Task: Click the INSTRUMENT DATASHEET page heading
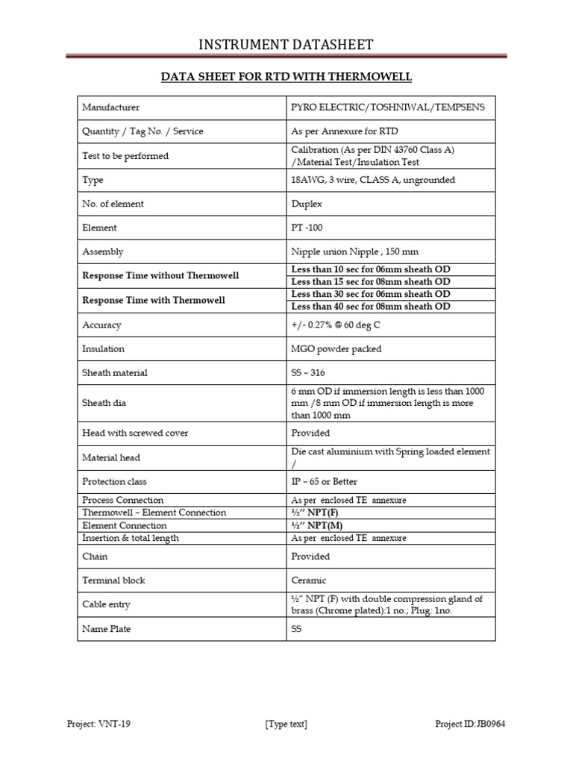[x=286, y=46]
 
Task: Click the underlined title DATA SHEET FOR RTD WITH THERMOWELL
[x=286, y=77]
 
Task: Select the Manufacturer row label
[x=110, y=107]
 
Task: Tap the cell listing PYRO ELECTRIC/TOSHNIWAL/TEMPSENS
[x=387, y=107]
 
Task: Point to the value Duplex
[x=306, y=204]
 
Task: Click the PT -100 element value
[x=307, y=228]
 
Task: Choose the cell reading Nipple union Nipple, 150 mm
[x=350, y=252]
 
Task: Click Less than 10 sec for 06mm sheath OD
[x=371, y=269]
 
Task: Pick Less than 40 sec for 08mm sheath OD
[x=371, y=306]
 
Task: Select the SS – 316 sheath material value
[x=308, y=373]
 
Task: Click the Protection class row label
[x=115, y=482]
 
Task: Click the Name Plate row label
[x=106, y=629]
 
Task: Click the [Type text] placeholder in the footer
[x=286, y=724]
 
